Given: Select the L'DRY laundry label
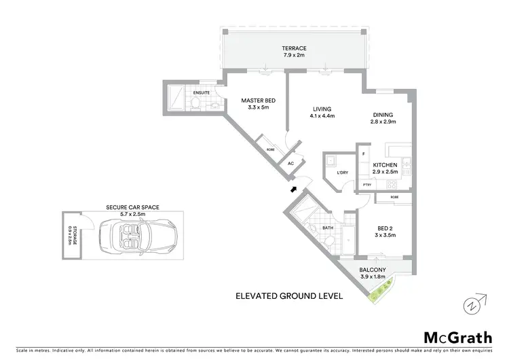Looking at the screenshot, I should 343,173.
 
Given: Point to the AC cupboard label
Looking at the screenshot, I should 290,164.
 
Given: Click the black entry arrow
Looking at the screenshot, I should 293,190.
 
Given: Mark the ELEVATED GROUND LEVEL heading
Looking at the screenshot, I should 288,296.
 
